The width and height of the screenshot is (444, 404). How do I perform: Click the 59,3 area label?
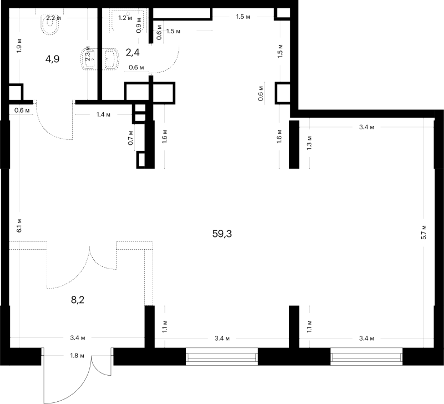222,234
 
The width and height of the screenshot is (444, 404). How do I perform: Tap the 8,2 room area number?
78,300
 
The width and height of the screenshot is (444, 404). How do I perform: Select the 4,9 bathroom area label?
52,59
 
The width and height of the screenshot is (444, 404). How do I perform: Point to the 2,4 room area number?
133,52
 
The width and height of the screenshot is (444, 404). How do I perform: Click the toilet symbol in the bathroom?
51,24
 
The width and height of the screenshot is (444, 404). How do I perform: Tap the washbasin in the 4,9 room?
88,59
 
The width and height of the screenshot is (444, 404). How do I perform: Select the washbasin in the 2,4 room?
112,59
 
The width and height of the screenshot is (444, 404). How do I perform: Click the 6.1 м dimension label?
19,226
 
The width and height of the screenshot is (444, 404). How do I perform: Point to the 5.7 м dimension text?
423,232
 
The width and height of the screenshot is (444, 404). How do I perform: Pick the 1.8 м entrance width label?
77,356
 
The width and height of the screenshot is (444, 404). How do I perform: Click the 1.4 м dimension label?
103,115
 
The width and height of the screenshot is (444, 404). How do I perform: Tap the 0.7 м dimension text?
130,138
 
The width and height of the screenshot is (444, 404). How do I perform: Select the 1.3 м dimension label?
309,143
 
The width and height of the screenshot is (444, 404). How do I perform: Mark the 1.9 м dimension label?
19,46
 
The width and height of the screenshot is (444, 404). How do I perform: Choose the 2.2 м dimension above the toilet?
53,18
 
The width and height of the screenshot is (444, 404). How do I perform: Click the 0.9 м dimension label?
139,26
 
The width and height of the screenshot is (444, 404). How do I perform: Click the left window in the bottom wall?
222,356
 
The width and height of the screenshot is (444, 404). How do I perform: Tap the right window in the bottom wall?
366,356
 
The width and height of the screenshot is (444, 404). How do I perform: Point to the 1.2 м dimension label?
125,18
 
